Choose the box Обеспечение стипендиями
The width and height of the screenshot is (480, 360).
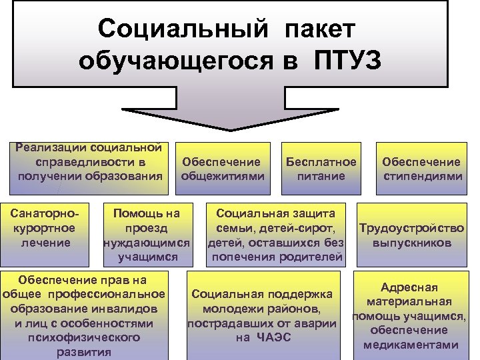coord(421,169)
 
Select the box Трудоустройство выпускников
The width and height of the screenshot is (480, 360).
coord(411,235)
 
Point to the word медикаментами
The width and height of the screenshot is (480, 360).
coord(411,345)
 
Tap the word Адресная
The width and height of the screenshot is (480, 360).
coord(409,287)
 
